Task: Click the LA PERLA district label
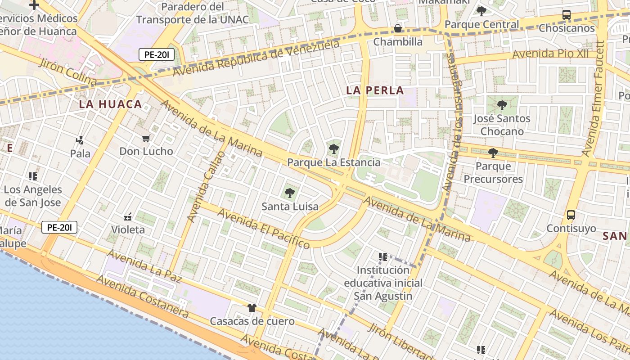pos(375,90)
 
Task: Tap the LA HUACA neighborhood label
pos(110,104)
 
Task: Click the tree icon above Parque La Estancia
pos(333,149)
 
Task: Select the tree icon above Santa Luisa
pos(290,193)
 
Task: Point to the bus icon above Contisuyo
pos(571,215)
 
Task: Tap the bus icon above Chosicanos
pos(567,15)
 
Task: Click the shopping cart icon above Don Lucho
pos(146,138)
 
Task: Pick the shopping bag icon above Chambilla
pos(398,28)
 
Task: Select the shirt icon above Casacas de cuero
pos(252,308)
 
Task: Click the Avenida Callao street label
pos(206,187)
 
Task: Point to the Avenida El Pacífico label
pos(264,228)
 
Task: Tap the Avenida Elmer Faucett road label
pos(594,99)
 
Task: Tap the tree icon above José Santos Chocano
pos(502,105)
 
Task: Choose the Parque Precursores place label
pos(493,172)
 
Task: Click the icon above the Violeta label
pos(128,217)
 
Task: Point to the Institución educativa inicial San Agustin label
pos(383,283)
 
